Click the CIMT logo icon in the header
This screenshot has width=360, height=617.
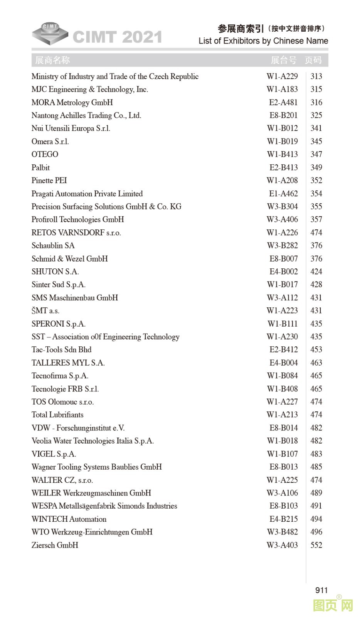tap(50, 34)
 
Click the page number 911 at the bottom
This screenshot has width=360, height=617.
tap(321, 590)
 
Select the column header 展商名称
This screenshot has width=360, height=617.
tap(52, 60)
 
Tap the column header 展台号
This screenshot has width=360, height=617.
tap(283, 60)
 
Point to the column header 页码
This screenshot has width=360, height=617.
tap(313, 60)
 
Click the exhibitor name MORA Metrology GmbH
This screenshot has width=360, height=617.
tap(72, 103)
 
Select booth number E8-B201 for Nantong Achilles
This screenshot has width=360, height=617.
tap(283, 115)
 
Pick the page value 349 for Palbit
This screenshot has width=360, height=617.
tap(316, 167)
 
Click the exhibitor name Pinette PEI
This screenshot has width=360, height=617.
tap(49, 180)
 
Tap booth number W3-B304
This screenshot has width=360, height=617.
tap(282, 207)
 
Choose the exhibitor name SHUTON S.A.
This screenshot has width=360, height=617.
tap(55, 271)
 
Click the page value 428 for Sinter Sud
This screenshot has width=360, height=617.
tap(316, 285)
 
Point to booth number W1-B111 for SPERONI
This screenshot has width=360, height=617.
tap(283, 324)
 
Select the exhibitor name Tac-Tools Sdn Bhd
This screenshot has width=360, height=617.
tap(61, 350)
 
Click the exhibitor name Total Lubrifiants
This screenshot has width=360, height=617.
tap(57, 415)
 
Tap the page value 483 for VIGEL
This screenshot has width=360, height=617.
tap(316, 454)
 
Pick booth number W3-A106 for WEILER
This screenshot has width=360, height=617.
tap(282, 493)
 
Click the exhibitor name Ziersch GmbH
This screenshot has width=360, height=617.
tap(55, 545)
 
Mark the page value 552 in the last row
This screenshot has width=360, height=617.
tap(316, 545)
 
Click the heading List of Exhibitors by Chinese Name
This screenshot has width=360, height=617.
tap(263, 41)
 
